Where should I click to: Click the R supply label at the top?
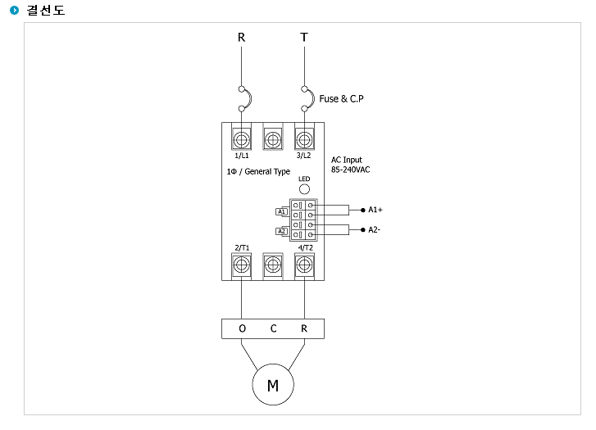241,37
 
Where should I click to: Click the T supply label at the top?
304,37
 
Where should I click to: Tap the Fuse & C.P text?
341,99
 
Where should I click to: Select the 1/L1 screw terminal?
241,139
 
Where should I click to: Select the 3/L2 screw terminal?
304,139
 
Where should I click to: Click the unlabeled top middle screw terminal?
273,139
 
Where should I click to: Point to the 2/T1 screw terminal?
241,265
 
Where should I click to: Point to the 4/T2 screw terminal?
304,265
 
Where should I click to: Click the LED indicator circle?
304,189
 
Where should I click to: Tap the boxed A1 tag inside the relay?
281,211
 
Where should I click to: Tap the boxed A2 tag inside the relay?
281,231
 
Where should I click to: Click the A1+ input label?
375,210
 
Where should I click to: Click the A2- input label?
374,229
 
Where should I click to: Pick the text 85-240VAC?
350,170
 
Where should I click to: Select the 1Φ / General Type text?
258,172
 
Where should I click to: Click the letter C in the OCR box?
273,328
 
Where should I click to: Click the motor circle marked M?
273,384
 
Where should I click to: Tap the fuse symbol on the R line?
245,99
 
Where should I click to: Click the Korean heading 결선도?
46,11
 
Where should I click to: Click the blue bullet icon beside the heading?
14,11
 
